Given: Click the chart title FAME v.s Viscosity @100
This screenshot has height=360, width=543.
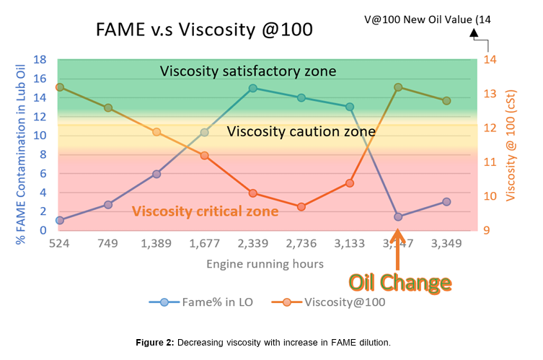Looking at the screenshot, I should tap(204, 30).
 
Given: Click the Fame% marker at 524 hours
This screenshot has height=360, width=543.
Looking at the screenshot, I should tap(59, 220).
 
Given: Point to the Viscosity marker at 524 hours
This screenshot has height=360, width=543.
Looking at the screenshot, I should tap(59, 87).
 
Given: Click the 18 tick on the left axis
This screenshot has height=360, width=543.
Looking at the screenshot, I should tap(40, 60).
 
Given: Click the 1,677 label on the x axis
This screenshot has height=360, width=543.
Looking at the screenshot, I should tap(204, 245).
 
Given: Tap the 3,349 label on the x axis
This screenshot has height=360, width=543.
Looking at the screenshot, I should tap(446, 245).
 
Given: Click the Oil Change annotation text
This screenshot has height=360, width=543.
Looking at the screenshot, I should tap(400, 282).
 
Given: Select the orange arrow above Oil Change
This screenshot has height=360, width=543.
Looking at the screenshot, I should tap(397, 250).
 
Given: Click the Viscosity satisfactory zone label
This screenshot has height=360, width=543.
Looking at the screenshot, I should tap(248, 71).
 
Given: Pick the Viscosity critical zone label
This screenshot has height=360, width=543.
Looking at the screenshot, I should tap(205, 211).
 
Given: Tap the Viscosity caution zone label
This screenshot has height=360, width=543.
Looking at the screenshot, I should tap(301, 132).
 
